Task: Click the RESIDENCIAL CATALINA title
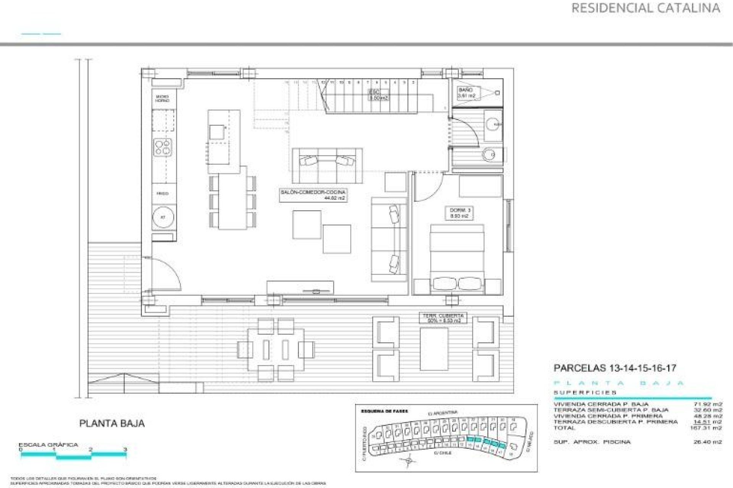(646, 8)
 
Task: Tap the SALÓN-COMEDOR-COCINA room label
(313, 195)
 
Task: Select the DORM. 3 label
(458, 213)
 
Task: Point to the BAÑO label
(467, 93)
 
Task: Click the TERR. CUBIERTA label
(443, 318)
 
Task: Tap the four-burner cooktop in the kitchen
(163, 147)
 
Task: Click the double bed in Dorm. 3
(457, 259)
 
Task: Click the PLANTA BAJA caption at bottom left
(112, 423)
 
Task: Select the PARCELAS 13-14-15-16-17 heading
(615, 368)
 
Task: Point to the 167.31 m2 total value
(706, 428)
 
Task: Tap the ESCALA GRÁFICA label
(48, 445)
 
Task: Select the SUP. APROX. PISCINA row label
(592, 442)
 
